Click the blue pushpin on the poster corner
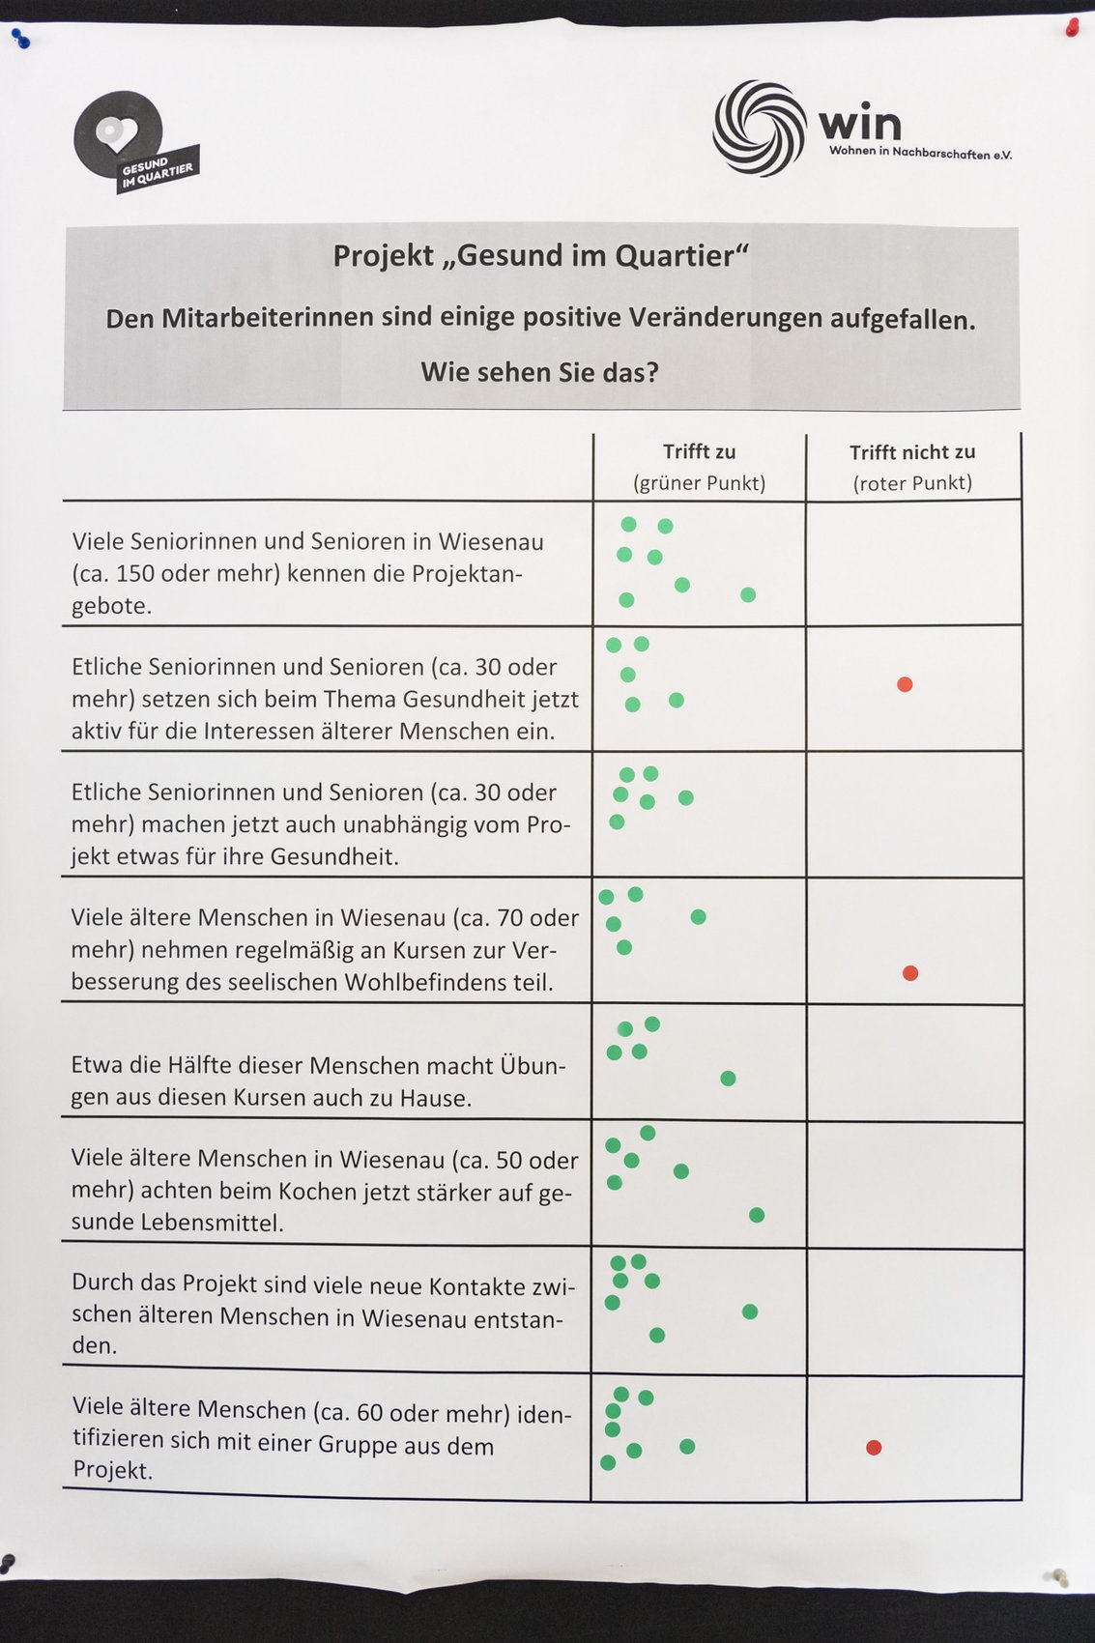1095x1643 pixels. (21, 39)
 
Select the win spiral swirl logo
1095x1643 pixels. (759, 129)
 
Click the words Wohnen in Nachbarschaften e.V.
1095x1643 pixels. (920, 153)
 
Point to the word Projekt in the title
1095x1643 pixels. (384, 256)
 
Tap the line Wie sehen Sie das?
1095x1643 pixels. (540, 372)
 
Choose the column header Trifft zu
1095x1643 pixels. (699, 452)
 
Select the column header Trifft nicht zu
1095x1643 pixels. (912, 452)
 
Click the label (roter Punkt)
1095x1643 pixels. (912, 483)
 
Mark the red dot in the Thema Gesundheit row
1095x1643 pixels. (905, 684)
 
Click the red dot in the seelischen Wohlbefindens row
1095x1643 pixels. (910, 973)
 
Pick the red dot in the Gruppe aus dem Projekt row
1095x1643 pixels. (874, 1447)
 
